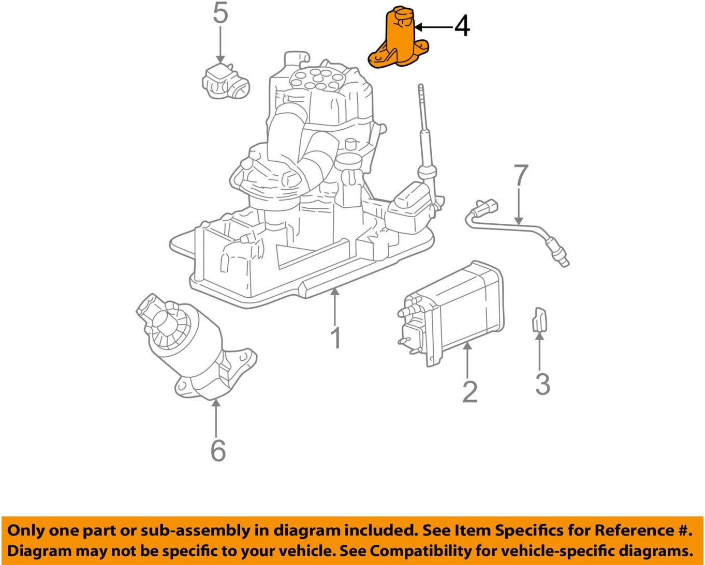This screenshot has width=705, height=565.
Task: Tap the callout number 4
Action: click(462, 26)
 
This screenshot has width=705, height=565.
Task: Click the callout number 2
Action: click(469, 392)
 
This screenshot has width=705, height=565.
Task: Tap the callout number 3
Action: click(542, 385)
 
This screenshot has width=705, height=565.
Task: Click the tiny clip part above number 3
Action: click(539, 318)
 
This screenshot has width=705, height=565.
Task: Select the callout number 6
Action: click(218, 450)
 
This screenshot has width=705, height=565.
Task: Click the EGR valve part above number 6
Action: click(192, 346)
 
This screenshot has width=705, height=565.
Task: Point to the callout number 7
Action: click(521, 176)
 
